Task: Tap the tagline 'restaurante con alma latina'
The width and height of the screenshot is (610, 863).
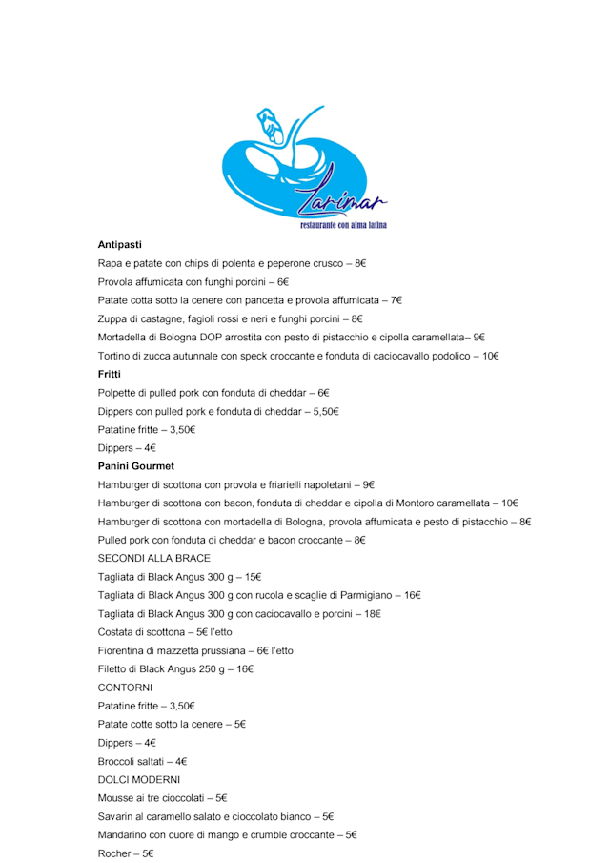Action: click(342, 226)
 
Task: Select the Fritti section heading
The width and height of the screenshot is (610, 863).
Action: click(110, 375)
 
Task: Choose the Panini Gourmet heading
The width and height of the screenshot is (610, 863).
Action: click(136, 466)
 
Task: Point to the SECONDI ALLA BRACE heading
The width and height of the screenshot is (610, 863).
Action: click(153, 559)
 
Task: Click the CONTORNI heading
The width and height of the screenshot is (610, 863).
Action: click(125, 688)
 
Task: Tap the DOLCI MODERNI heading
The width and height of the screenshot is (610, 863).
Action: click(139, 780)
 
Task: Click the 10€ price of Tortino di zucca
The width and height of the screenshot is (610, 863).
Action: click(490, 356)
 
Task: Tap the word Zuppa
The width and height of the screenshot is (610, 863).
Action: click(112, 318)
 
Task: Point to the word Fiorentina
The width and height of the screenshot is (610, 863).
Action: click(123, 650)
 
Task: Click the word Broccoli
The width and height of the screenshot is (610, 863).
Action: click(118, 762)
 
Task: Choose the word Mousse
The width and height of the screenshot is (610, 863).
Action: click(116, 798)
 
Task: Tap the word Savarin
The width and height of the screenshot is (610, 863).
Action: click(116, 817)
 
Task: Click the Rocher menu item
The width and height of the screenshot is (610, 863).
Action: click(113, 853)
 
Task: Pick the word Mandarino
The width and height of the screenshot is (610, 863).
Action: click(123, 835)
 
